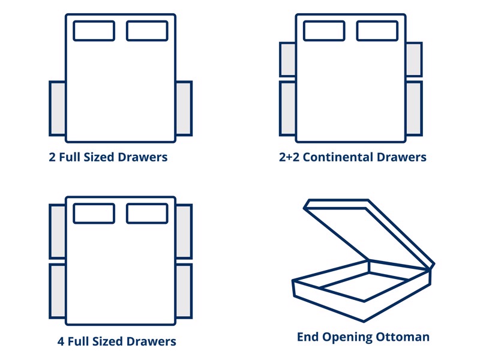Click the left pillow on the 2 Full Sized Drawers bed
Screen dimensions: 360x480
(x=94, y=31)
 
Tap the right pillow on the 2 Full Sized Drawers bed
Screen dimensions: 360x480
(x=146, y=31)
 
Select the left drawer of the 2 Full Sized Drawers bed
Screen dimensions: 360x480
(x=58, y=109)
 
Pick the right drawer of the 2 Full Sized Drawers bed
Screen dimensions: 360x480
(x=184, y=109)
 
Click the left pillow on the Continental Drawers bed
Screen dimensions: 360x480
(x=324, y=31)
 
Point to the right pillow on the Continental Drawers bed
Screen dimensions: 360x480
(x=377, y=31)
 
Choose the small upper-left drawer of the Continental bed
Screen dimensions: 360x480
(x=288, y=59)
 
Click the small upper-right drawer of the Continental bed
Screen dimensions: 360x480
(x=414, y=59)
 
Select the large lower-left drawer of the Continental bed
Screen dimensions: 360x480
(x=288, y=109)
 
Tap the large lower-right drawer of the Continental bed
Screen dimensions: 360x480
(x=414, y=109)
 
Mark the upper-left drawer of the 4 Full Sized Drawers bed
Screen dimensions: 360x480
(x=58, y=232)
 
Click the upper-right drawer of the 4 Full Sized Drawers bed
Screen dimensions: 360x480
(x=184, y=232)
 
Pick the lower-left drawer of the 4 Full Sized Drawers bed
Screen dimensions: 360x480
(x=58, y=291)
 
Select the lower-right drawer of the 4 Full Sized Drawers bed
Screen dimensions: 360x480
(x=184, y=291)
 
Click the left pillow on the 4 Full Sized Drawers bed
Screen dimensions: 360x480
(x=94, y=214)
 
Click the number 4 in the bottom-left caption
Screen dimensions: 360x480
(x=61, y=341)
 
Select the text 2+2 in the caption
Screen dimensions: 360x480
(x=289, y=158)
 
